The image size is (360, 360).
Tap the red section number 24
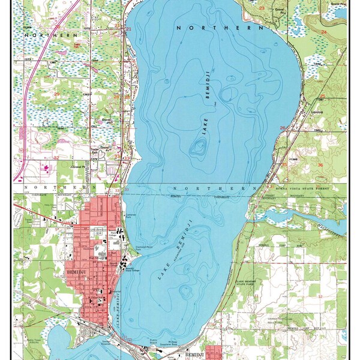[x=324, y=31]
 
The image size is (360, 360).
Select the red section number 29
[x=57, y=94]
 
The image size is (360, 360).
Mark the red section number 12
[x=320, y=296]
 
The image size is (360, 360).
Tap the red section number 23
[x=262, y=8]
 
